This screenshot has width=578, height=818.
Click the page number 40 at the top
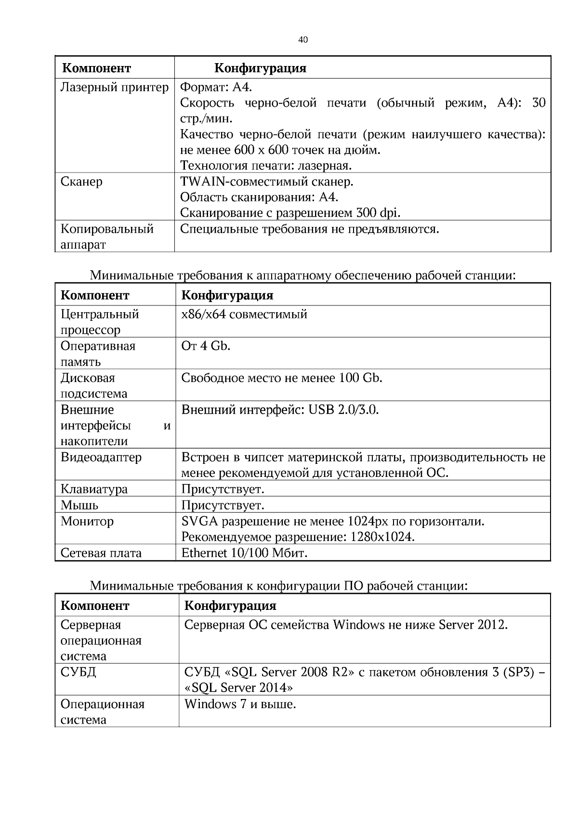point(302,40)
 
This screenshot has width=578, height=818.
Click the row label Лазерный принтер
point(115,87)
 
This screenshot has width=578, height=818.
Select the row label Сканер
point(81,182)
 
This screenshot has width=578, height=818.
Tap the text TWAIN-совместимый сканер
point(266,182)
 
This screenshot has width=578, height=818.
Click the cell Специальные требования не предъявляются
point(309,229)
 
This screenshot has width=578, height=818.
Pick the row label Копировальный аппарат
point(107,237)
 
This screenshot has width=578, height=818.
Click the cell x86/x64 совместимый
point(244,315)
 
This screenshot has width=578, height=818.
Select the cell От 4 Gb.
point(206,346)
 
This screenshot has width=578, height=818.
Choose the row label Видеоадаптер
point(101,457)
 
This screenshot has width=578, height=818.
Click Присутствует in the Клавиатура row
point(223,489)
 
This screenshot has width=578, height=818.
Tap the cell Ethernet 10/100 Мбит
point(244,553)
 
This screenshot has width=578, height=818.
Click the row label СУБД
point(78,672)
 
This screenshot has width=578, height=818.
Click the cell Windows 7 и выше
point(240,704)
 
